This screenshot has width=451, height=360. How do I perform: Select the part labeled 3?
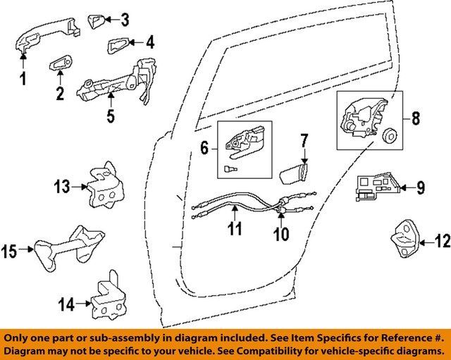[x=97, y=19]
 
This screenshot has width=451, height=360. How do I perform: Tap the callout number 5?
[x=111, y=115]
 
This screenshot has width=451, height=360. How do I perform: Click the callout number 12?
[x=441, y=243]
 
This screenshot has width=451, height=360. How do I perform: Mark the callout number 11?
[x=235, y=228]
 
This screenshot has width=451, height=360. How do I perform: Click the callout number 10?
[x=281, y=233]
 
